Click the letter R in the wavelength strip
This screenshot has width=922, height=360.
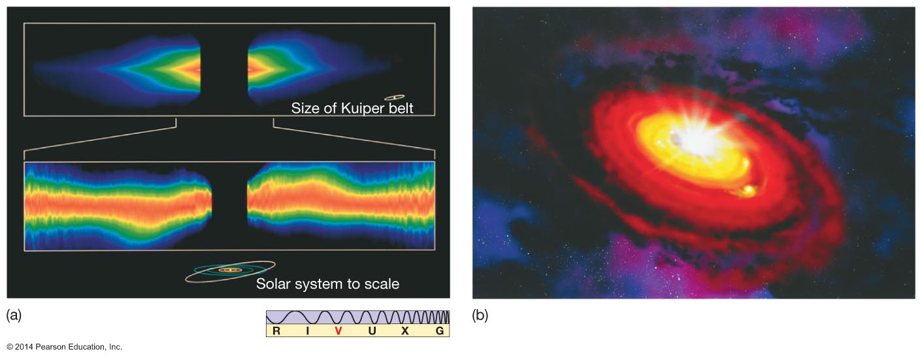[276, 331]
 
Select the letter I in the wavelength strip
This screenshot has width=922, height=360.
[307, 331]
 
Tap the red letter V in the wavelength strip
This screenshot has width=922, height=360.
[338, 331]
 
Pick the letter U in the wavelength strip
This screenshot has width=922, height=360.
[371, 331]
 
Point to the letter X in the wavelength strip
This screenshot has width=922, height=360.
[405, 331]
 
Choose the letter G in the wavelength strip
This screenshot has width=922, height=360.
[440, 331]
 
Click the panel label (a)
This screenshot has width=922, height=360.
[14, 316]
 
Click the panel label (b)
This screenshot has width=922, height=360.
[480, 316]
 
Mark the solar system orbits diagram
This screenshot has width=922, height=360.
[229, 270]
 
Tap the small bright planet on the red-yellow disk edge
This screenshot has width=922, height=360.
[747, 190]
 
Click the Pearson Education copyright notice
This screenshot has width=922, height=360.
[64, 347]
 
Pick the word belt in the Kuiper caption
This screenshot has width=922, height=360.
[399, 108]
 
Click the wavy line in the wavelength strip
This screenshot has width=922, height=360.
[357, 317]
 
